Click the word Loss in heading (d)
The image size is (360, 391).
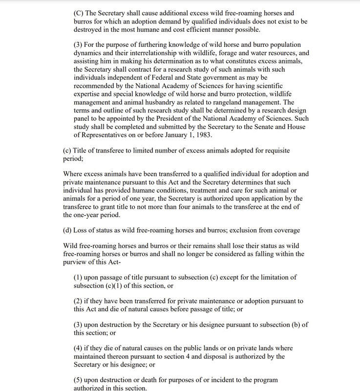(82, 230)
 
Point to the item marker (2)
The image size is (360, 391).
(79, 301)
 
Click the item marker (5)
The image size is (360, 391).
(79, 380)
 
